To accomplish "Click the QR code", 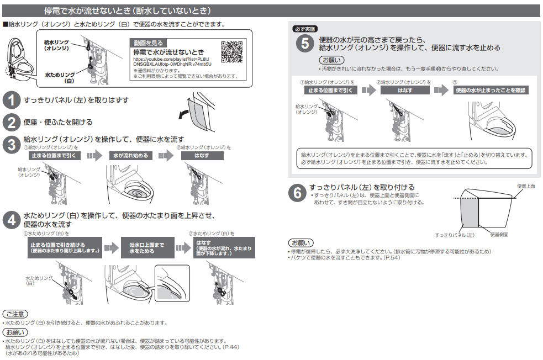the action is tap(231, 51).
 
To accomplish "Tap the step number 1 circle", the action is tap(12, 100).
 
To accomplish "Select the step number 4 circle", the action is tap(12, 220).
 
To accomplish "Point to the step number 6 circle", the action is tap(297, 193).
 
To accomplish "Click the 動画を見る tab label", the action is tap(148, 43).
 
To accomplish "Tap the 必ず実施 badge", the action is tap(305, 29).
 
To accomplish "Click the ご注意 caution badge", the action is tap(15, 314).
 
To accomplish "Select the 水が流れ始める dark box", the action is tap(130, 156).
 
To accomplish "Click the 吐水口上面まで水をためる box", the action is tap(147, 248).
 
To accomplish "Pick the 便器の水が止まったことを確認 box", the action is tap(491, 91).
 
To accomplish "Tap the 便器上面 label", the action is tap(526, 186).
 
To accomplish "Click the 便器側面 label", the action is tap(499, 235).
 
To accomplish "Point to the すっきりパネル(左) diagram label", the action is tap(455, 235).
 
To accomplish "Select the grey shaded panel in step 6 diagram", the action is tap(469, 213).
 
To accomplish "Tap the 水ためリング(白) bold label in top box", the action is tap(60, 77).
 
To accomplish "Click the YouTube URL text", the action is tap(172, 62).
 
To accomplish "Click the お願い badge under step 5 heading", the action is tap(332, 60).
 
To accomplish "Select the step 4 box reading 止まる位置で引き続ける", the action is tap(65, 248).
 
